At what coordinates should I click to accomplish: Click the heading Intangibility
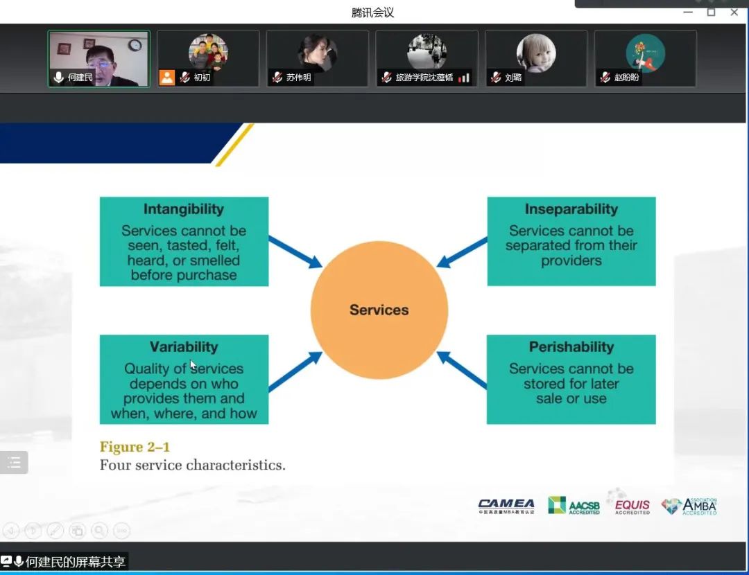tap(184, 209)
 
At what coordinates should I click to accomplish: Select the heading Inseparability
tap(571, 209)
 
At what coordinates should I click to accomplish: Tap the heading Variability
tap(184, 347)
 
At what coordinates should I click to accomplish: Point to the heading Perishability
tap(571, 347)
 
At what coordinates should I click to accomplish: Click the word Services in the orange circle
tap(379, 310)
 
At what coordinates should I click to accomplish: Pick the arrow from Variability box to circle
tap(295, 371)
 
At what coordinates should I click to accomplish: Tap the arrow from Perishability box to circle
tap(462, 370)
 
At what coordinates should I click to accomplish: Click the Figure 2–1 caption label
tap(135, 447)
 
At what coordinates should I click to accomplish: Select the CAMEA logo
tap(506, 506)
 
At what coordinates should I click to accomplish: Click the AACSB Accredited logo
tap(574, 506)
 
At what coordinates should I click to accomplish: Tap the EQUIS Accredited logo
tap(632, 506)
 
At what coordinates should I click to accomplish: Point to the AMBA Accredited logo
tap(689, 506)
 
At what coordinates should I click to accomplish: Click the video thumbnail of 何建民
tap(98, 58)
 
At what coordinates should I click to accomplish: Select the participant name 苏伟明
tap(299, 78)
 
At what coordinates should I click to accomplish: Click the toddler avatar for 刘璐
tap(535, 53)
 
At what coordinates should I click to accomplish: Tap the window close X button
tap(734, 12)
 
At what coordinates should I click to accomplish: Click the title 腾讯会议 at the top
tap(372, 12)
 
